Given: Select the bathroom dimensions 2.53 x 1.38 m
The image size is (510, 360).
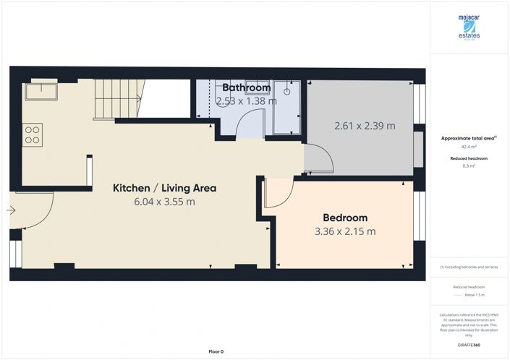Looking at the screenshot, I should [x=246, y=101].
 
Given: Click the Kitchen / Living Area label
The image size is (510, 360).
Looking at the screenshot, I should [x=164, y=188].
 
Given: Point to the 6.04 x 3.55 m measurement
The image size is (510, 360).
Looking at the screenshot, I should [x=164, y=202].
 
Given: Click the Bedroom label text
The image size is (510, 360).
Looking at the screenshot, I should [x=345, y=218].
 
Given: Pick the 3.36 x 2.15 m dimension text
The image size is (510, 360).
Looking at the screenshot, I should [x=345, y=231].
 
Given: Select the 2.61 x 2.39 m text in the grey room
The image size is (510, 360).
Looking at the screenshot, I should [x=365, y=126].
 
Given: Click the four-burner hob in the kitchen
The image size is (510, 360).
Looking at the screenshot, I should [x=33, y=134].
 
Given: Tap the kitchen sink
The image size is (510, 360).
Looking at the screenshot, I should [x=41, y=92].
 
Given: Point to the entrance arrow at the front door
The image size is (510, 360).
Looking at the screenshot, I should [x=10, y=211].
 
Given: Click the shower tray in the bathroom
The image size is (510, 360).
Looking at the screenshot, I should [x=289, y=108].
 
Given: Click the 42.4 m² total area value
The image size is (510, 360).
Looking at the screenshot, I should [x=469, y=147].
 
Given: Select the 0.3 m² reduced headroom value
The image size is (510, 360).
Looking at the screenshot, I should [x=469, y=166].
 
